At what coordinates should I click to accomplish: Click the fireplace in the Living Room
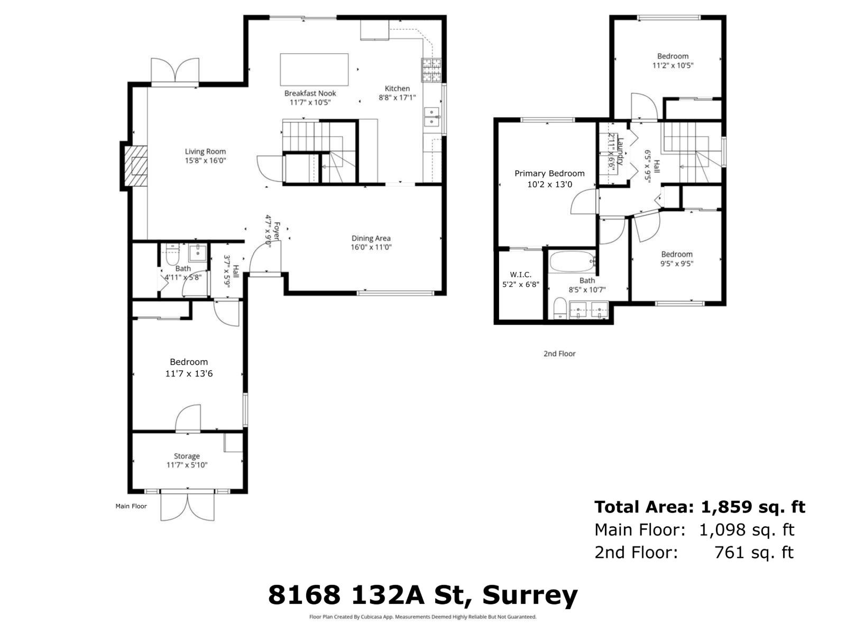click(136, 166)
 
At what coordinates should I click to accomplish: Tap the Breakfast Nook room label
click(310, 93)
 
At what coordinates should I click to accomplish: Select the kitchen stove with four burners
click(431, 69)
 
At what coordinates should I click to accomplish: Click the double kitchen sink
click(432, 117)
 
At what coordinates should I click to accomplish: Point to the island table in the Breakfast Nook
click(314, 69)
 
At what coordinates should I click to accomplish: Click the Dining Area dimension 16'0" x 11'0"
click(371, 247)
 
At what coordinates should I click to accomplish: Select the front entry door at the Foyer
click(264, 259)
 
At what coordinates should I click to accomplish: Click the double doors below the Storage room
click(188, 506)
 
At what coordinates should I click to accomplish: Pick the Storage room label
click(187, 456)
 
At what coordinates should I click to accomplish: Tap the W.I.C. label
click(520, 275)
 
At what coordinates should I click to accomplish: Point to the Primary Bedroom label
click(549, 173)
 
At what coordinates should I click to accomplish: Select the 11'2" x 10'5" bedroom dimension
click(673, 66)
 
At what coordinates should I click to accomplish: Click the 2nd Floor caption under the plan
click(559, 353)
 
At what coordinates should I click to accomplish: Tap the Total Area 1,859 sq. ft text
click(699, 507)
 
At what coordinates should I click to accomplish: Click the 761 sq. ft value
click(753, 553)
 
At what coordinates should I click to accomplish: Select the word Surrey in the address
click(530, 595)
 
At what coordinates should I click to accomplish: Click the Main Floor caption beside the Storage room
click(131, 506)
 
